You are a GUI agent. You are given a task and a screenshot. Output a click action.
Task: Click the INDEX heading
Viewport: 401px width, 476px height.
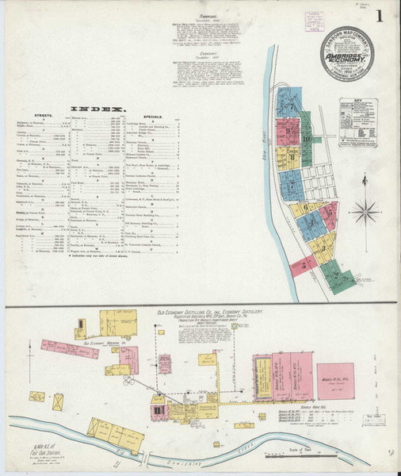(99, 109)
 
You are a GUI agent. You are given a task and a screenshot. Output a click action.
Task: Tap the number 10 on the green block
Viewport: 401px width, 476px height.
(306, 139)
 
